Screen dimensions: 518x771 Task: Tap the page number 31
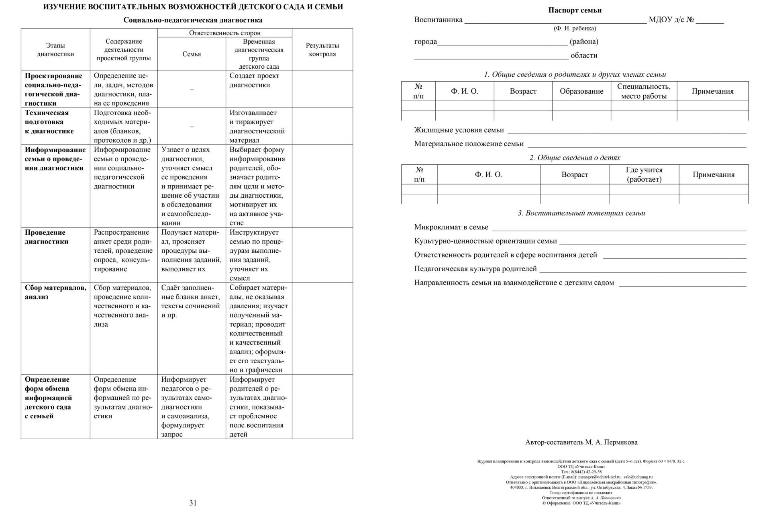(x=193, y=503)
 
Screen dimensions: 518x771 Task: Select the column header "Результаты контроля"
(x=322, y=50)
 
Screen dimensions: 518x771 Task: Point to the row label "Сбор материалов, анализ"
(x=55, y=292)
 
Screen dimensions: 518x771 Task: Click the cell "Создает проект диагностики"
(x=254, y=80)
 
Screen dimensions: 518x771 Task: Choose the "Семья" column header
(x=192, y=54)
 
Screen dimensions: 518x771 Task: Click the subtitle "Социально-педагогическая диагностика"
(x=193, y=20)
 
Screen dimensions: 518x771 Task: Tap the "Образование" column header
(x=581, y=91)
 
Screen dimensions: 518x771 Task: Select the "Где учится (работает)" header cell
(x=644, y=174)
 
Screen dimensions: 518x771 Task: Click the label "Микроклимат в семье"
(x=451, y=227)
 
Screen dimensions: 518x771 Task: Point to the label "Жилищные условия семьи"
(x=459, y=130)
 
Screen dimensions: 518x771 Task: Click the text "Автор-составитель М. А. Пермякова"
(x=581, y=442)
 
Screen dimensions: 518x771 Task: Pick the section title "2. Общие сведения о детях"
(x=575, y=158)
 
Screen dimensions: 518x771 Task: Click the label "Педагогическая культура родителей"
(x=475, y=269)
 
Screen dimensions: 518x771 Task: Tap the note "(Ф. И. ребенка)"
(x=575, y=29)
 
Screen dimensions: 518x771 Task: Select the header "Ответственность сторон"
(x=224, y=33)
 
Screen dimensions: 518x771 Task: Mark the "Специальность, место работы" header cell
(x=644, y=91)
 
